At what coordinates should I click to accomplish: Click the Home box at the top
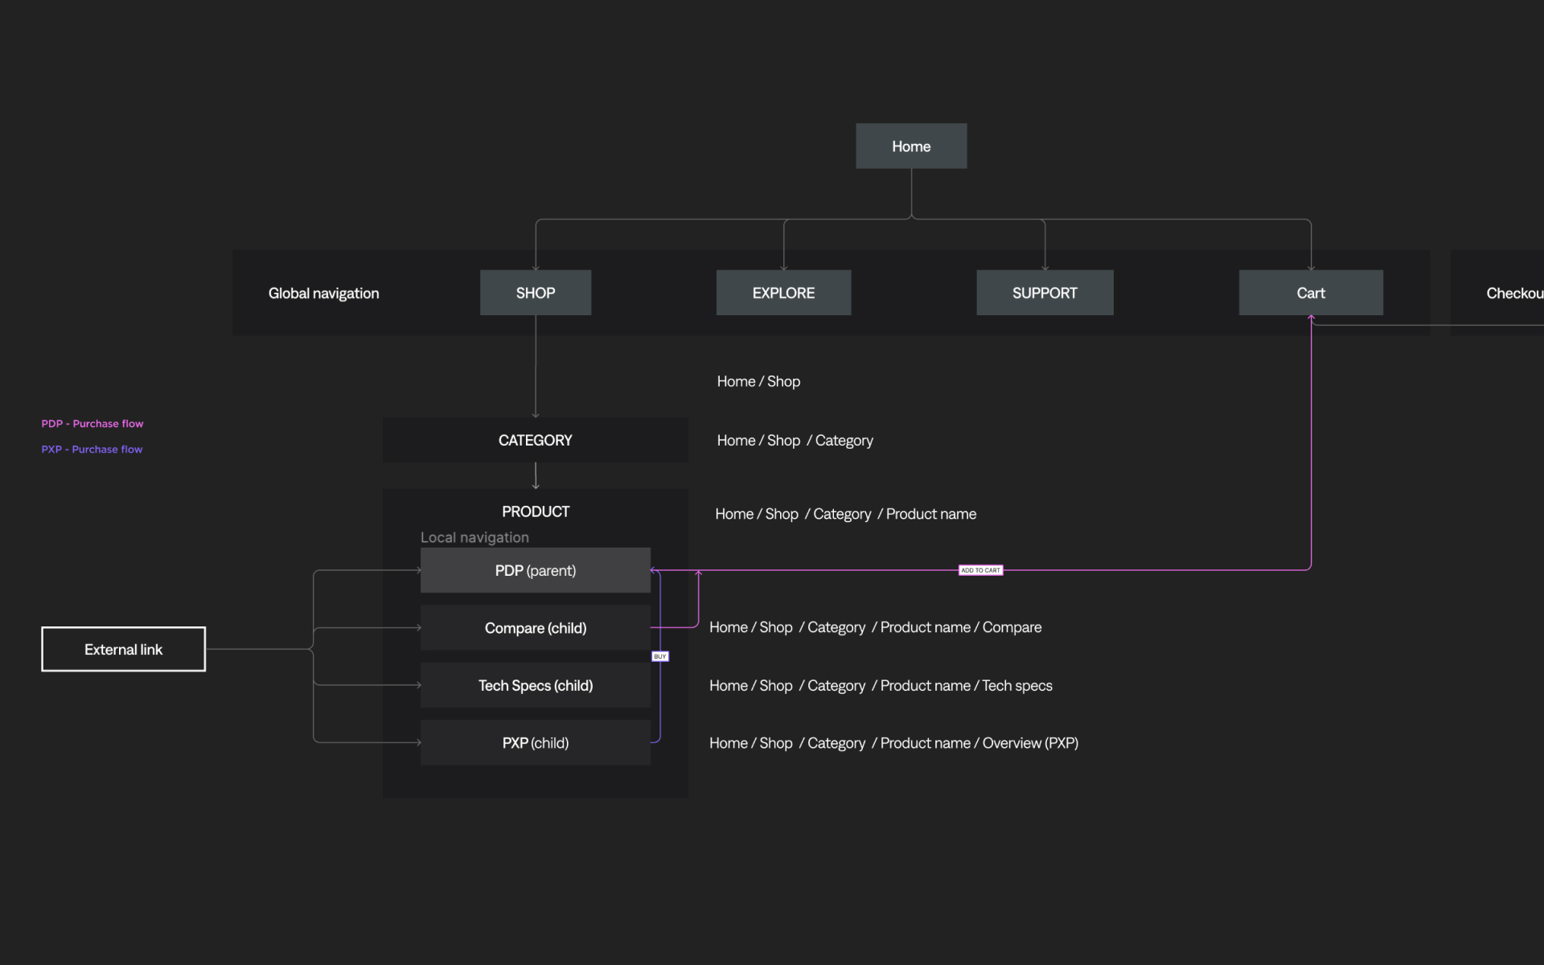tap(911, 146)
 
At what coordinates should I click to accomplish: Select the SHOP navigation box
tap(536, 293)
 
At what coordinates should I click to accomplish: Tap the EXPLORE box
tap(783, 293)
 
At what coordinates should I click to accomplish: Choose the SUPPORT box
tap(1045, 293)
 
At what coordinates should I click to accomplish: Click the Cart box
tap(1311, 293)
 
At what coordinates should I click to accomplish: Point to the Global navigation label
tap(323, 294)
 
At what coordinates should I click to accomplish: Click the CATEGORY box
tap(536, 440)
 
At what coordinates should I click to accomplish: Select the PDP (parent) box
tap(536, 570)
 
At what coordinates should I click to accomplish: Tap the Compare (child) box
tap(536, 628)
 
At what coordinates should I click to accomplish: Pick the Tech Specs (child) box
tap(536, 685)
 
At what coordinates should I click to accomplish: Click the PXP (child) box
tap(536, 743)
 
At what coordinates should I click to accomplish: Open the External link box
tap(124, 649)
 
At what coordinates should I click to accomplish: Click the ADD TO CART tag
tap(981, 570)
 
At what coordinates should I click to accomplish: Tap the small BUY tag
tap(660, 656)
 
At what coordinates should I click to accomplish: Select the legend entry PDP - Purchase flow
tap(92, 424)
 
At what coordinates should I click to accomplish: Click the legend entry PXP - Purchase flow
tap(92, 450)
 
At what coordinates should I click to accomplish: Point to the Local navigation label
tap(474, 537)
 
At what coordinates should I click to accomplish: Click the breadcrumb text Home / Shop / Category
tap(795, 441)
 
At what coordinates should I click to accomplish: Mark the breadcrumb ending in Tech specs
tap(881, 686)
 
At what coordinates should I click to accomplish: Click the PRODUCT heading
tap(536, 511)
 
